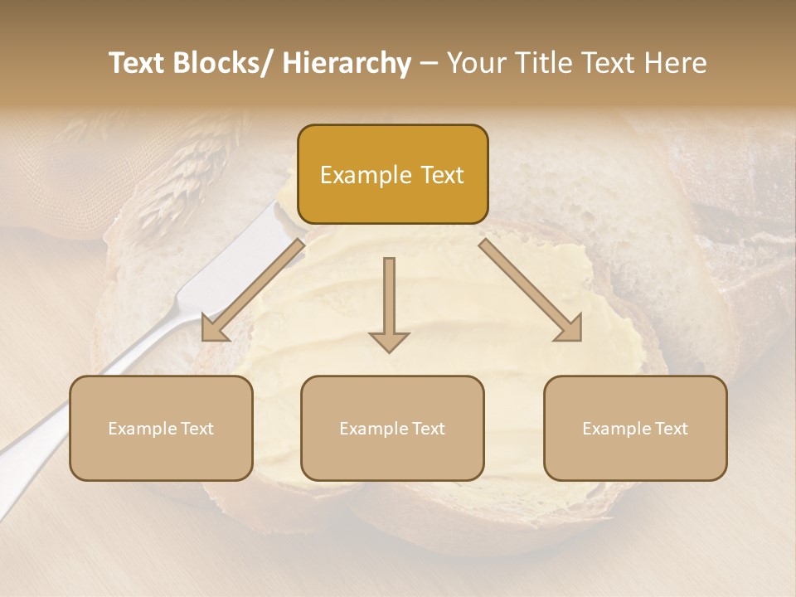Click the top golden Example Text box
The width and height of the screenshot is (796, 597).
(392, 174)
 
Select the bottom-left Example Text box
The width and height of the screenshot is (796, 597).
(161, 428)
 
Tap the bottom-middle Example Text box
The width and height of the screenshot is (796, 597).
(392, 428)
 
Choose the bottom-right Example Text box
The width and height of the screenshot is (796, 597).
(635, 428)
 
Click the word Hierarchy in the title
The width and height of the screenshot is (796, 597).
(347, 63)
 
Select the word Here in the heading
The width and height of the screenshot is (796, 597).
(675, 63)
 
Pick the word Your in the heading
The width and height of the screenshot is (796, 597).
(475, 63)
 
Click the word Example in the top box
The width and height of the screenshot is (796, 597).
(366, 175)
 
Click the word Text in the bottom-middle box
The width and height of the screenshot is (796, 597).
(427, 428)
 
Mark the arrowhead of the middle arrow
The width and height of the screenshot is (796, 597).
(389, 341)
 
